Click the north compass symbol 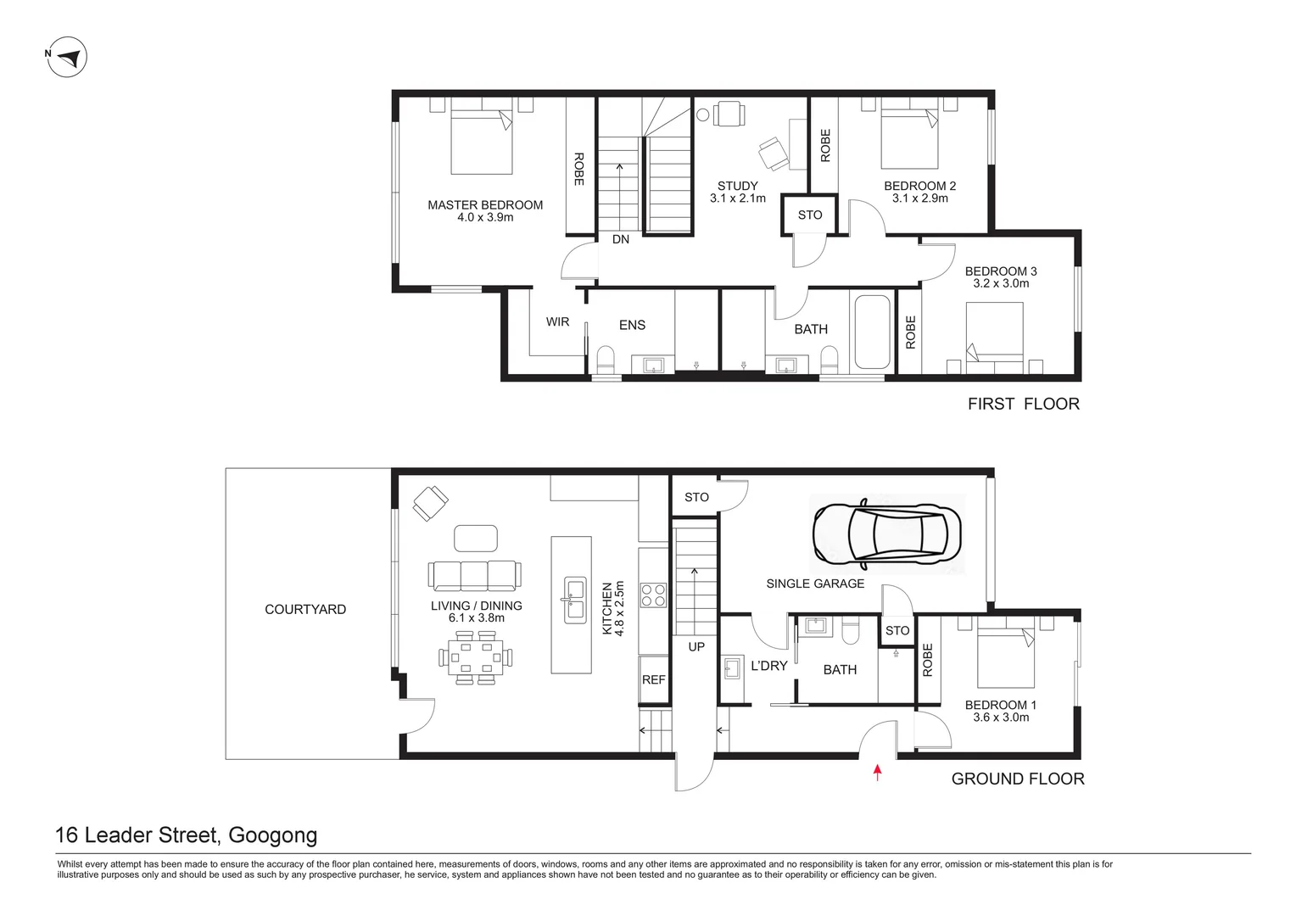click(66, 57)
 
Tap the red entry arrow click(877, 773)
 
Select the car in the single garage click(887, 533)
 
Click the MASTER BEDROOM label click(485, 205)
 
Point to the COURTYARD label click(305, 609)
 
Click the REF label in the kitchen click(654, 680)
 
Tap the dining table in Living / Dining click(476, 658)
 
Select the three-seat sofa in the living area click(474, 575)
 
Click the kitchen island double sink click(575, 600)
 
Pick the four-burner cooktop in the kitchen click(653, 595)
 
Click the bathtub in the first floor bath click(873, 332)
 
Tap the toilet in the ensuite click(606, 360)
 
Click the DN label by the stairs click(621, 239)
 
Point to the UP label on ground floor click(696, 647)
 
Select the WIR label click(558, 321)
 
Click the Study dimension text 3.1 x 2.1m click(738, 198)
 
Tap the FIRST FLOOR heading click(1024, 404)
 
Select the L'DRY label click(769, 666)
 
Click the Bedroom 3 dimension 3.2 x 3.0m click(1001, 283)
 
